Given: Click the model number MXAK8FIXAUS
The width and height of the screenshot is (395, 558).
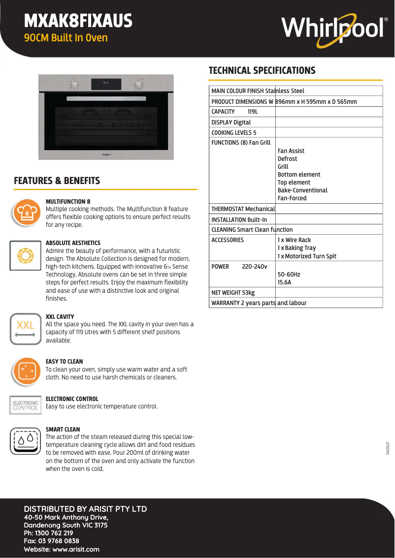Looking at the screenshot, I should click(78, 21).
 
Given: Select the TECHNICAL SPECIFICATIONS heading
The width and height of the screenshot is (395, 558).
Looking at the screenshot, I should click(262, 70).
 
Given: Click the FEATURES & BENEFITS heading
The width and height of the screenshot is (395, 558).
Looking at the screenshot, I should click(57, 181).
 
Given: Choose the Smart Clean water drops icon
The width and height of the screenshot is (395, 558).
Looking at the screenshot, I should click(25, 440).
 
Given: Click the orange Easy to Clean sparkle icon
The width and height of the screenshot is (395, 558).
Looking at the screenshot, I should click(25, 372).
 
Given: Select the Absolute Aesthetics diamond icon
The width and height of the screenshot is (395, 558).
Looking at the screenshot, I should click(25, 255).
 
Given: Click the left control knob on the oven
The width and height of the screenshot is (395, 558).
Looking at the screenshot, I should click(74, 85).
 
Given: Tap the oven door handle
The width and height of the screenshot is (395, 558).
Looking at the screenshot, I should click(106, 99).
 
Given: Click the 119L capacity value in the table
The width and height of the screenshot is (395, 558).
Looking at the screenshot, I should click(253, 112).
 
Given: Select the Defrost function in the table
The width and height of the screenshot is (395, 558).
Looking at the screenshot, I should click(287, 159).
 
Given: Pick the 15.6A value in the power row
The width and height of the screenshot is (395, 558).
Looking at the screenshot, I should click(284, 282).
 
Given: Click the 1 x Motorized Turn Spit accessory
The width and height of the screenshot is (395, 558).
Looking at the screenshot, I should click(307, 256).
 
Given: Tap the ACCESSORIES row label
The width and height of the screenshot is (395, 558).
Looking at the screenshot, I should click(228, 240).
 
